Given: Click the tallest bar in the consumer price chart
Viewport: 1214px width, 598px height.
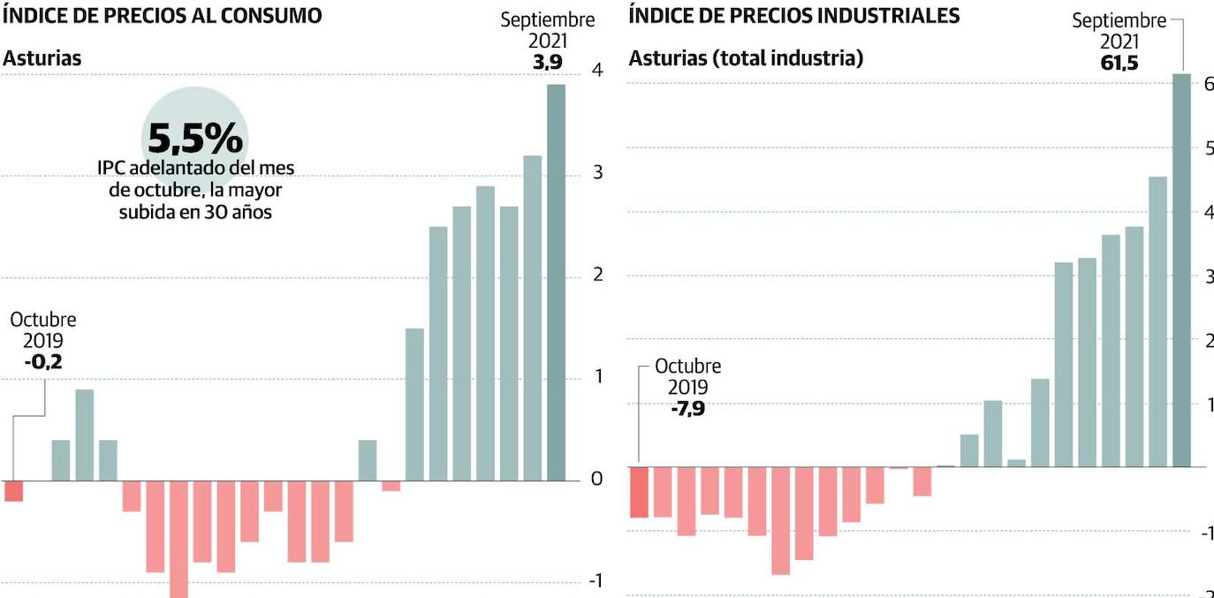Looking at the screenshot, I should tap(556, 283).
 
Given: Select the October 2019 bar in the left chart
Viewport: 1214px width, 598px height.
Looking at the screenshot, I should tap(13, 491).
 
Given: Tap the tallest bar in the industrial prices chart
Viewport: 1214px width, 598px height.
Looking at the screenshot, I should tap(1181, 269).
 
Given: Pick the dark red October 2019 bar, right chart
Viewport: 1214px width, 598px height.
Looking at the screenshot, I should tap(639, 492).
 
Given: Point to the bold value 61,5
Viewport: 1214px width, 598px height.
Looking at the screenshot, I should tap(1119, 63).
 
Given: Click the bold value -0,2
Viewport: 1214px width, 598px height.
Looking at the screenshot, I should tap(43, 361).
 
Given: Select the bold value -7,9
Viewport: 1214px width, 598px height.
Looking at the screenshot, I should tap(687, 408).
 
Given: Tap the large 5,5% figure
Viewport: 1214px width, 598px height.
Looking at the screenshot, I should tap(194, 139).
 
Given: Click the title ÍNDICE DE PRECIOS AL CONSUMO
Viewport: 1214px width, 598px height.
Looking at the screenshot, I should tap(163, 16).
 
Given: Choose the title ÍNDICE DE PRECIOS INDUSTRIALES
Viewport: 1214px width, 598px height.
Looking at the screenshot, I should tap(794, 16).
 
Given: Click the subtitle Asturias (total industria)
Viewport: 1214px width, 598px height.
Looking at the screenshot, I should tap(746, 59).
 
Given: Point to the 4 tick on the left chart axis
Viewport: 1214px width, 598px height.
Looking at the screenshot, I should tap(597, 71).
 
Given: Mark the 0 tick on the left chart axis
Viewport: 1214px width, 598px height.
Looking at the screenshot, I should tap(597, 479).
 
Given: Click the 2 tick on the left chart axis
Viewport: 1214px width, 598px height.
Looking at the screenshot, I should tap(597, 275).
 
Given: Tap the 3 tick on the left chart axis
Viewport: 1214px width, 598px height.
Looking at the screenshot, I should tap(597, 172).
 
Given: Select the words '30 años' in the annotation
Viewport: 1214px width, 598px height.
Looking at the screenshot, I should tap(239, 212).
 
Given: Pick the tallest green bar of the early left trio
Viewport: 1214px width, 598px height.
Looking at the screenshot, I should tap(84, 435).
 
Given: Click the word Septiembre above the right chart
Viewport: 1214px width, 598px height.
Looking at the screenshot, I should tap(1119, 20).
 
